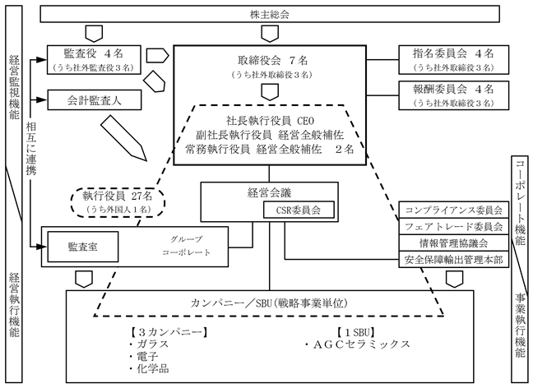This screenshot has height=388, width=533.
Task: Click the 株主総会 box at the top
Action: coord(269,14)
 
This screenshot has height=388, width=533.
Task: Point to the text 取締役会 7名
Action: coord(271,60)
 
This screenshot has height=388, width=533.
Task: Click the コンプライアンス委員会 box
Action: coord(453,210)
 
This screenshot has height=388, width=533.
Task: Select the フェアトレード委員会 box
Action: coord(453,226)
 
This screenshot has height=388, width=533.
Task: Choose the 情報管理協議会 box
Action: coord(453,243)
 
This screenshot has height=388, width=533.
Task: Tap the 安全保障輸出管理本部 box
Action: coord(453,261)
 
